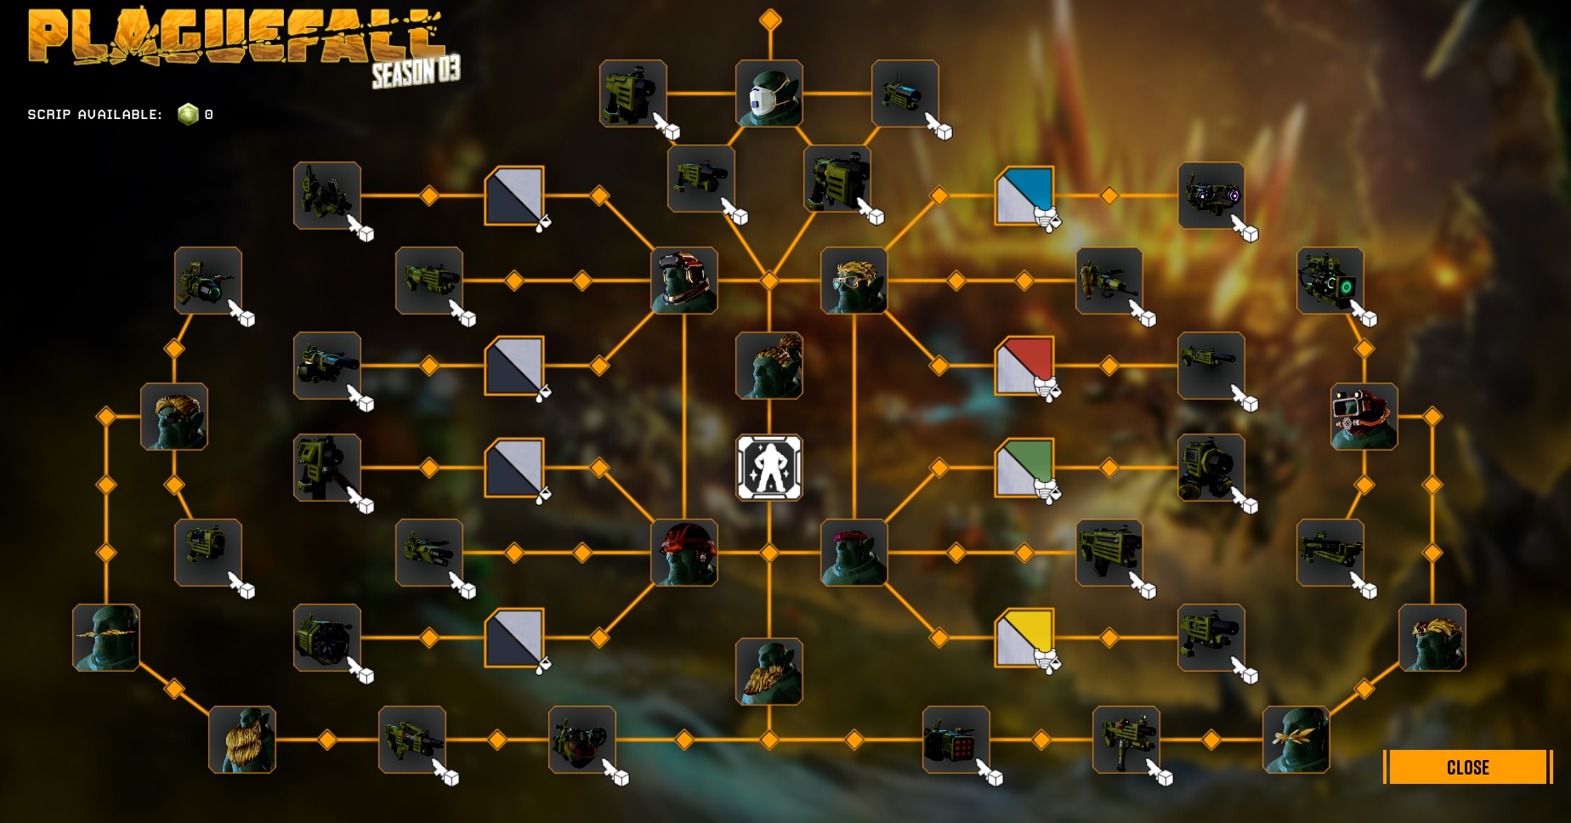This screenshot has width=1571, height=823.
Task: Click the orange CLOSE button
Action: click(1467, 767)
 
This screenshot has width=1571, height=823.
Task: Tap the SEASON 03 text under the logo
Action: click(416, 71)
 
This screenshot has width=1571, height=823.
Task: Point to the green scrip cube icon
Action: click(188, 114)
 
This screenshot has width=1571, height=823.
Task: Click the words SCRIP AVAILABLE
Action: click(94, 114)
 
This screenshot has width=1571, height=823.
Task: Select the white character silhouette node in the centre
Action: click(769, 468)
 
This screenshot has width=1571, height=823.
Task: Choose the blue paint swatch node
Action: click(1024, 196)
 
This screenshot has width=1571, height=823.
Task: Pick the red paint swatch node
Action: click(1024, 366)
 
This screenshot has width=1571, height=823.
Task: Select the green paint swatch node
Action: click(1024, 468)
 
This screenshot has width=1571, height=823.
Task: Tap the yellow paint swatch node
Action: click(1024, 638)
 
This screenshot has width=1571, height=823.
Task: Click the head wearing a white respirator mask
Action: click(769, 94)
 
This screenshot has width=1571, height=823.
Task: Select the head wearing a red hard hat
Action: click(684, 553)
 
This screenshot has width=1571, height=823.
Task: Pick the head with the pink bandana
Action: click(854, 553)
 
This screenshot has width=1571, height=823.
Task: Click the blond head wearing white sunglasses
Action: click(854, 281)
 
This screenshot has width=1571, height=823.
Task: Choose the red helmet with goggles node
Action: click(1364, 417)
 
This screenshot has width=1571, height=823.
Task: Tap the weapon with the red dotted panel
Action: click(956, 740)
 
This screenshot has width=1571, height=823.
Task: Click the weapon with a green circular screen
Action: click(1330, 281)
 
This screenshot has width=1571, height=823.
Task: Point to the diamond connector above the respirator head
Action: click(770, 20)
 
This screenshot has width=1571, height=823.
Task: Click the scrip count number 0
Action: click(209, 114)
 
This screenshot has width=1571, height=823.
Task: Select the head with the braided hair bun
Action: click(769, 366)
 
